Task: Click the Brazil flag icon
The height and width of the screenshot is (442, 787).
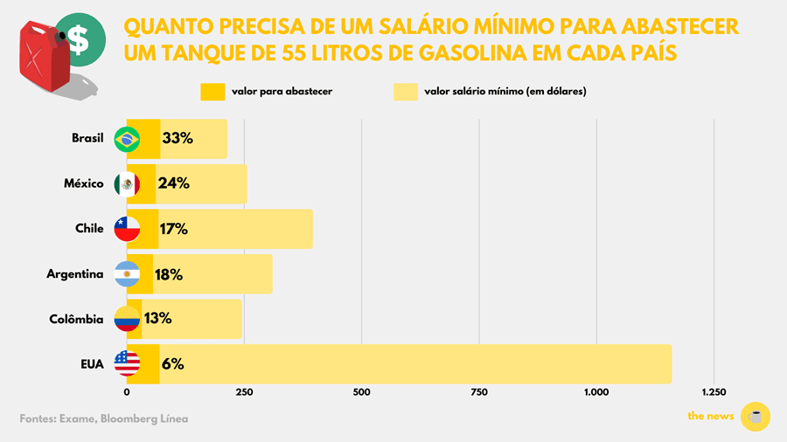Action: (128, 139)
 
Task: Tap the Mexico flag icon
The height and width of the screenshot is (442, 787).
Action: (128, 184)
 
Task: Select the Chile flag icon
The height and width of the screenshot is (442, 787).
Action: (128, 229)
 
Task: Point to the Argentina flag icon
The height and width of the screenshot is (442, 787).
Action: (128, 274)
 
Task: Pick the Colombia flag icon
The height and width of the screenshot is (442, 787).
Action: (128, 320)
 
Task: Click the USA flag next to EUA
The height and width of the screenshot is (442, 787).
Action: (128, 364)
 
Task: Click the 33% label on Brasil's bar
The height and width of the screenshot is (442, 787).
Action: (178, 138)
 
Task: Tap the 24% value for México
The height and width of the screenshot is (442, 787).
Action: (173, 183)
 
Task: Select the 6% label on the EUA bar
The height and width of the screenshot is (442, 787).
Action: (172, 364)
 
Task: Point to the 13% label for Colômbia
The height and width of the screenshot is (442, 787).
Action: (157, 319)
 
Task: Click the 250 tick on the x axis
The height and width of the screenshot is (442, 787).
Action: (244, 392)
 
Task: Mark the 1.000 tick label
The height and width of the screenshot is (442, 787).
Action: (596, 392)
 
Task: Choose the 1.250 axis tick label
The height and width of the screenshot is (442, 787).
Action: (714, 392)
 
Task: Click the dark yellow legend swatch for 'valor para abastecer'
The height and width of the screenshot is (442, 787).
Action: (213, 92)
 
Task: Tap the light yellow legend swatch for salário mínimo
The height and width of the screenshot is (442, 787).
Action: (406, 92)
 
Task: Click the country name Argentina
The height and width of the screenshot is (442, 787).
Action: (75, 274)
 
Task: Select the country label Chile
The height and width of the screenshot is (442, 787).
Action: (90, 229)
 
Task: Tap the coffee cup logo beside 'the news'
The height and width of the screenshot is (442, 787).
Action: (755, 417)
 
